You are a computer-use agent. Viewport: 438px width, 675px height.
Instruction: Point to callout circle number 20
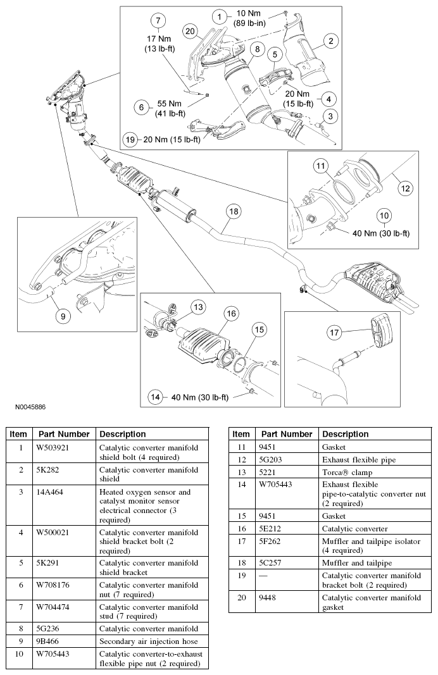coord(190,30)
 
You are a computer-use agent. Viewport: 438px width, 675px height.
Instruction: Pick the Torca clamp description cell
coord(346,471)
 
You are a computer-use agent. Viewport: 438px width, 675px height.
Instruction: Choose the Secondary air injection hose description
coord(143,640)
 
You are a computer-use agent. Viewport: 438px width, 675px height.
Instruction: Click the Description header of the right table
coord(345,434)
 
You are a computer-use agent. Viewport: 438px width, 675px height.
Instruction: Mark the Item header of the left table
coord(18,434)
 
